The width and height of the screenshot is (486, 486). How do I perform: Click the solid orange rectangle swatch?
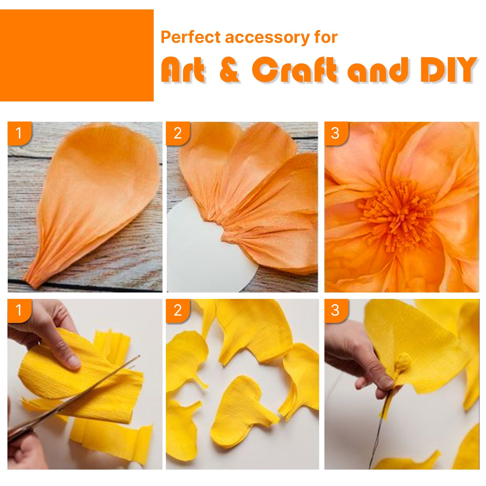pyautogui.click(x=77, y=55)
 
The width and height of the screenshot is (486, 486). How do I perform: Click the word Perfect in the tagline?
pyautogui.click(x=190, y=37)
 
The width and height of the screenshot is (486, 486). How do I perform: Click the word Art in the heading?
pyautogui.click(x=183, y=70)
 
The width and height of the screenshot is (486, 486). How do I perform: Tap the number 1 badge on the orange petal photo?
pyautogui.click(x=19, y=133)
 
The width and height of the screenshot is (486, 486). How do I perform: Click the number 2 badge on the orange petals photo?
pyautogui.click(x=178, y=133)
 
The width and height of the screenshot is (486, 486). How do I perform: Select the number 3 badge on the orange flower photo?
pyautogui.click(x=336, y=133)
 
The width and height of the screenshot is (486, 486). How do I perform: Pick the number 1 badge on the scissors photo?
pyautogui.click(x=19, y=310)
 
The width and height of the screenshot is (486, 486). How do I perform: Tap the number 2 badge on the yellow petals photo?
pyautogui.click(x=178, y=310)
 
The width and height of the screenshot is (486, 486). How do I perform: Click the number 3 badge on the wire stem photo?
pyautogui.click(x=336, y=310)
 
